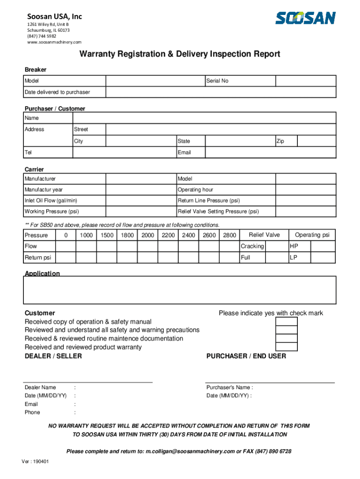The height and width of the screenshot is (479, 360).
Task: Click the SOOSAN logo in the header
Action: pyautogui.click(x=305, y=18)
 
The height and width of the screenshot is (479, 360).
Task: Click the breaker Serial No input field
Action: pyautogui.click(x=305, y=81)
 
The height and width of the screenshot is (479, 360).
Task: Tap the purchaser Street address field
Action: pyautogui.click(x=221, y=129)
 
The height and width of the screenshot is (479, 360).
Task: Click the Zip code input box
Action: pyautogui.click(x=317, y=141)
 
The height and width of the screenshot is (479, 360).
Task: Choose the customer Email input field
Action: pyautogui.click(x=270, y=152)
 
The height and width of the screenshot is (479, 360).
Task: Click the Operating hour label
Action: pyautogui.click(x=195, y=189)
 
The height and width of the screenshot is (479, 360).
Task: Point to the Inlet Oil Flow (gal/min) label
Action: pyautogui.click(x=51, y=201)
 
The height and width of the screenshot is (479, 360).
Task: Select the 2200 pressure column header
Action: pyautogui.click(x=168, y=235)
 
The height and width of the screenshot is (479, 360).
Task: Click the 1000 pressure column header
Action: pyautogui.click(x=86, y=235)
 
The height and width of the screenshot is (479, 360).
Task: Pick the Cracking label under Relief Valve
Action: pyautogui.click(x=252, y=246)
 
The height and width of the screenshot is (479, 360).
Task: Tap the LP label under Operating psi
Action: pyautogui.click(x=294, y=257)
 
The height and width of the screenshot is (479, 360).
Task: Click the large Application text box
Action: pyautogui.click(x=180, y=290)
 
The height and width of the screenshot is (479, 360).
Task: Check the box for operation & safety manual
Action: pyautogui.click(x=286, y=322)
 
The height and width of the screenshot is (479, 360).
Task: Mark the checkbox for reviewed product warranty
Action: pyautogui.click(x=286, y=347)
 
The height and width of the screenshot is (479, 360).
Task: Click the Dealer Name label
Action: pyautogui.click(x=40, y=387)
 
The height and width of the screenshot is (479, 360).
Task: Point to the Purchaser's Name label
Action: pyautogui.click(x=229, y=387)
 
